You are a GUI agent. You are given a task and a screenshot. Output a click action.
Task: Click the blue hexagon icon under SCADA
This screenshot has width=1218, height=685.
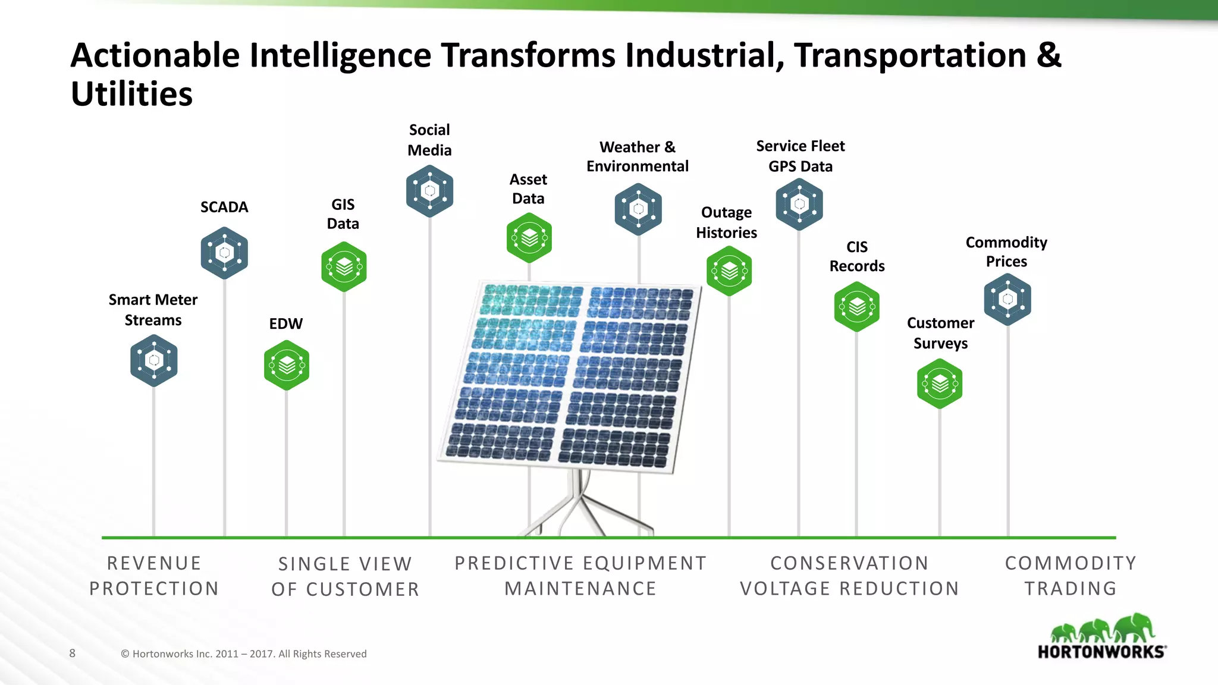click(x=224, y=253)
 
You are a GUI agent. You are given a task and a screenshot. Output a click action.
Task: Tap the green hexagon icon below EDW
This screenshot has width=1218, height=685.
click(x=287, y=365)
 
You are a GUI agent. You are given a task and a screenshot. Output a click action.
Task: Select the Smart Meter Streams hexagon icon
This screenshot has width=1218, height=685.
click(x=154, y=360)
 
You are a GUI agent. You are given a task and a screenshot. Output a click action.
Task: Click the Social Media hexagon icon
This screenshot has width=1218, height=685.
click(x=429, y=191)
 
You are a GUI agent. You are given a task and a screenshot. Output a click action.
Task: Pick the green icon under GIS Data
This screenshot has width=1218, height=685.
click(x=344, y=267)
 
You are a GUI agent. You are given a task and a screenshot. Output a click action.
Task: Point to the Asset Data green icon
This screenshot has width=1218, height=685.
click(x=529, y=238)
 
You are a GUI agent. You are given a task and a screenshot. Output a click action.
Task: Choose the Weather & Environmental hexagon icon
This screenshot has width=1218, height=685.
click(x=638, y=209)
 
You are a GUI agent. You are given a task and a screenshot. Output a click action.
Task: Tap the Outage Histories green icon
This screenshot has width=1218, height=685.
click(x=729, y=271)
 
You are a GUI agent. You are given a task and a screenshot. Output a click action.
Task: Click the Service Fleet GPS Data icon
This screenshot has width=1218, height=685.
click(x=799, y=204)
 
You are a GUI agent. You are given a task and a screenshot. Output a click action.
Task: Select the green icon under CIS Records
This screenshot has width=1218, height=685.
click(x=856, y=307)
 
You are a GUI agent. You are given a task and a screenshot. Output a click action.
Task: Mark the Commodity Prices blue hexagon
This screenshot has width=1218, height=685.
click(x=1007, y=299)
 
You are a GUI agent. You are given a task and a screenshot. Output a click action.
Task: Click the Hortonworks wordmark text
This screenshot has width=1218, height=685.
click(x=1101, y=652)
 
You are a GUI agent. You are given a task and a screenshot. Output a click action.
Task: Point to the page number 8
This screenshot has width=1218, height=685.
click(x=73, y=653)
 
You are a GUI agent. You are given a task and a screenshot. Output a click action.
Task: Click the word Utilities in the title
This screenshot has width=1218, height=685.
click(x=131, y=94)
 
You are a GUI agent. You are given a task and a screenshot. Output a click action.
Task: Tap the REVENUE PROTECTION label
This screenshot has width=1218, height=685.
click(x=154, y=576)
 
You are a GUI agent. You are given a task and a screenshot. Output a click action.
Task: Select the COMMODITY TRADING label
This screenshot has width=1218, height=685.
click(x=1071, y=576)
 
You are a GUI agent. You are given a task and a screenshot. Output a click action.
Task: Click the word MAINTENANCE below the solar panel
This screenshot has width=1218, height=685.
click(x=580, y=589)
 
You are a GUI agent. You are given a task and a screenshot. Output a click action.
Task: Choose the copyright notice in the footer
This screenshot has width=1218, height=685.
click(x=244, y=654)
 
